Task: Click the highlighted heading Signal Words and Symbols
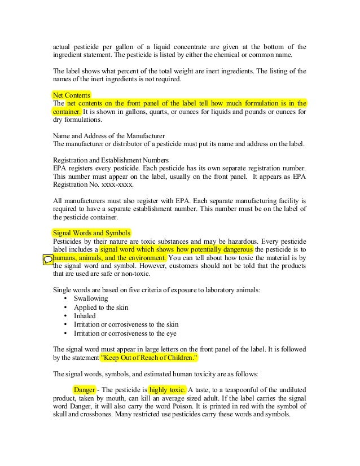[x=91, y=232]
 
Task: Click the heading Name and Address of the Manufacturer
[x=108, y=136]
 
